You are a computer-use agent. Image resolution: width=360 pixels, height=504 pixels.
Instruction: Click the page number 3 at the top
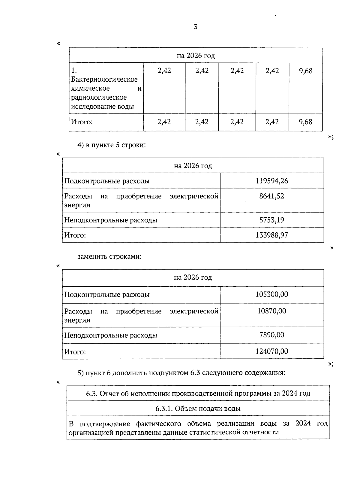(196, 27)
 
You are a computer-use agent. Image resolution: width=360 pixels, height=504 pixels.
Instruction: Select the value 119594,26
(272, 181)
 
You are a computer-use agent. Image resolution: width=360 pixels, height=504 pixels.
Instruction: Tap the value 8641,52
(272, 196)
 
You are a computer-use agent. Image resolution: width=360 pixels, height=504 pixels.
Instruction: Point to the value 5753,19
(272, 220)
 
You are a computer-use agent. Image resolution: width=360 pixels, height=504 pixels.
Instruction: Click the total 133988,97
(272, 235)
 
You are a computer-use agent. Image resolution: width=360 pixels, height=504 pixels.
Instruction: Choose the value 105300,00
(272, 294)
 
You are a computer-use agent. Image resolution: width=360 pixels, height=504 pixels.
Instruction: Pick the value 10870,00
(272, 311)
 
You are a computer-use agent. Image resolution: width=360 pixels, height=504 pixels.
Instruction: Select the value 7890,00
(272, 335)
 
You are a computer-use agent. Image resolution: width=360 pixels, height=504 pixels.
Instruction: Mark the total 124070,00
(272, 352)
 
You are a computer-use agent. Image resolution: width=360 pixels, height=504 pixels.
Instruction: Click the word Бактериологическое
(104, 80)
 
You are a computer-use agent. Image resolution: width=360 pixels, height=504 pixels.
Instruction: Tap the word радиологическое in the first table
(99, 98)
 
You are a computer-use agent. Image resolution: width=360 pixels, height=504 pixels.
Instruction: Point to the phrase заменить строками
(109, 257)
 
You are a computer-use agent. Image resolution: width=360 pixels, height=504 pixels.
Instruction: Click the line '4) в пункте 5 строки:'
(112, 145)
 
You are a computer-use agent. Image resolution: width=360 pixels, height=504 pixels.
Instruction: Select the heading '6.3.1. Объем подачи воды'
(198, 409)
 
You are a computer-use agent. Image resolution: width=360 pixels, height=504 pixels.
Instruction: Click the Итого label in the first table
(82, 122)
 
